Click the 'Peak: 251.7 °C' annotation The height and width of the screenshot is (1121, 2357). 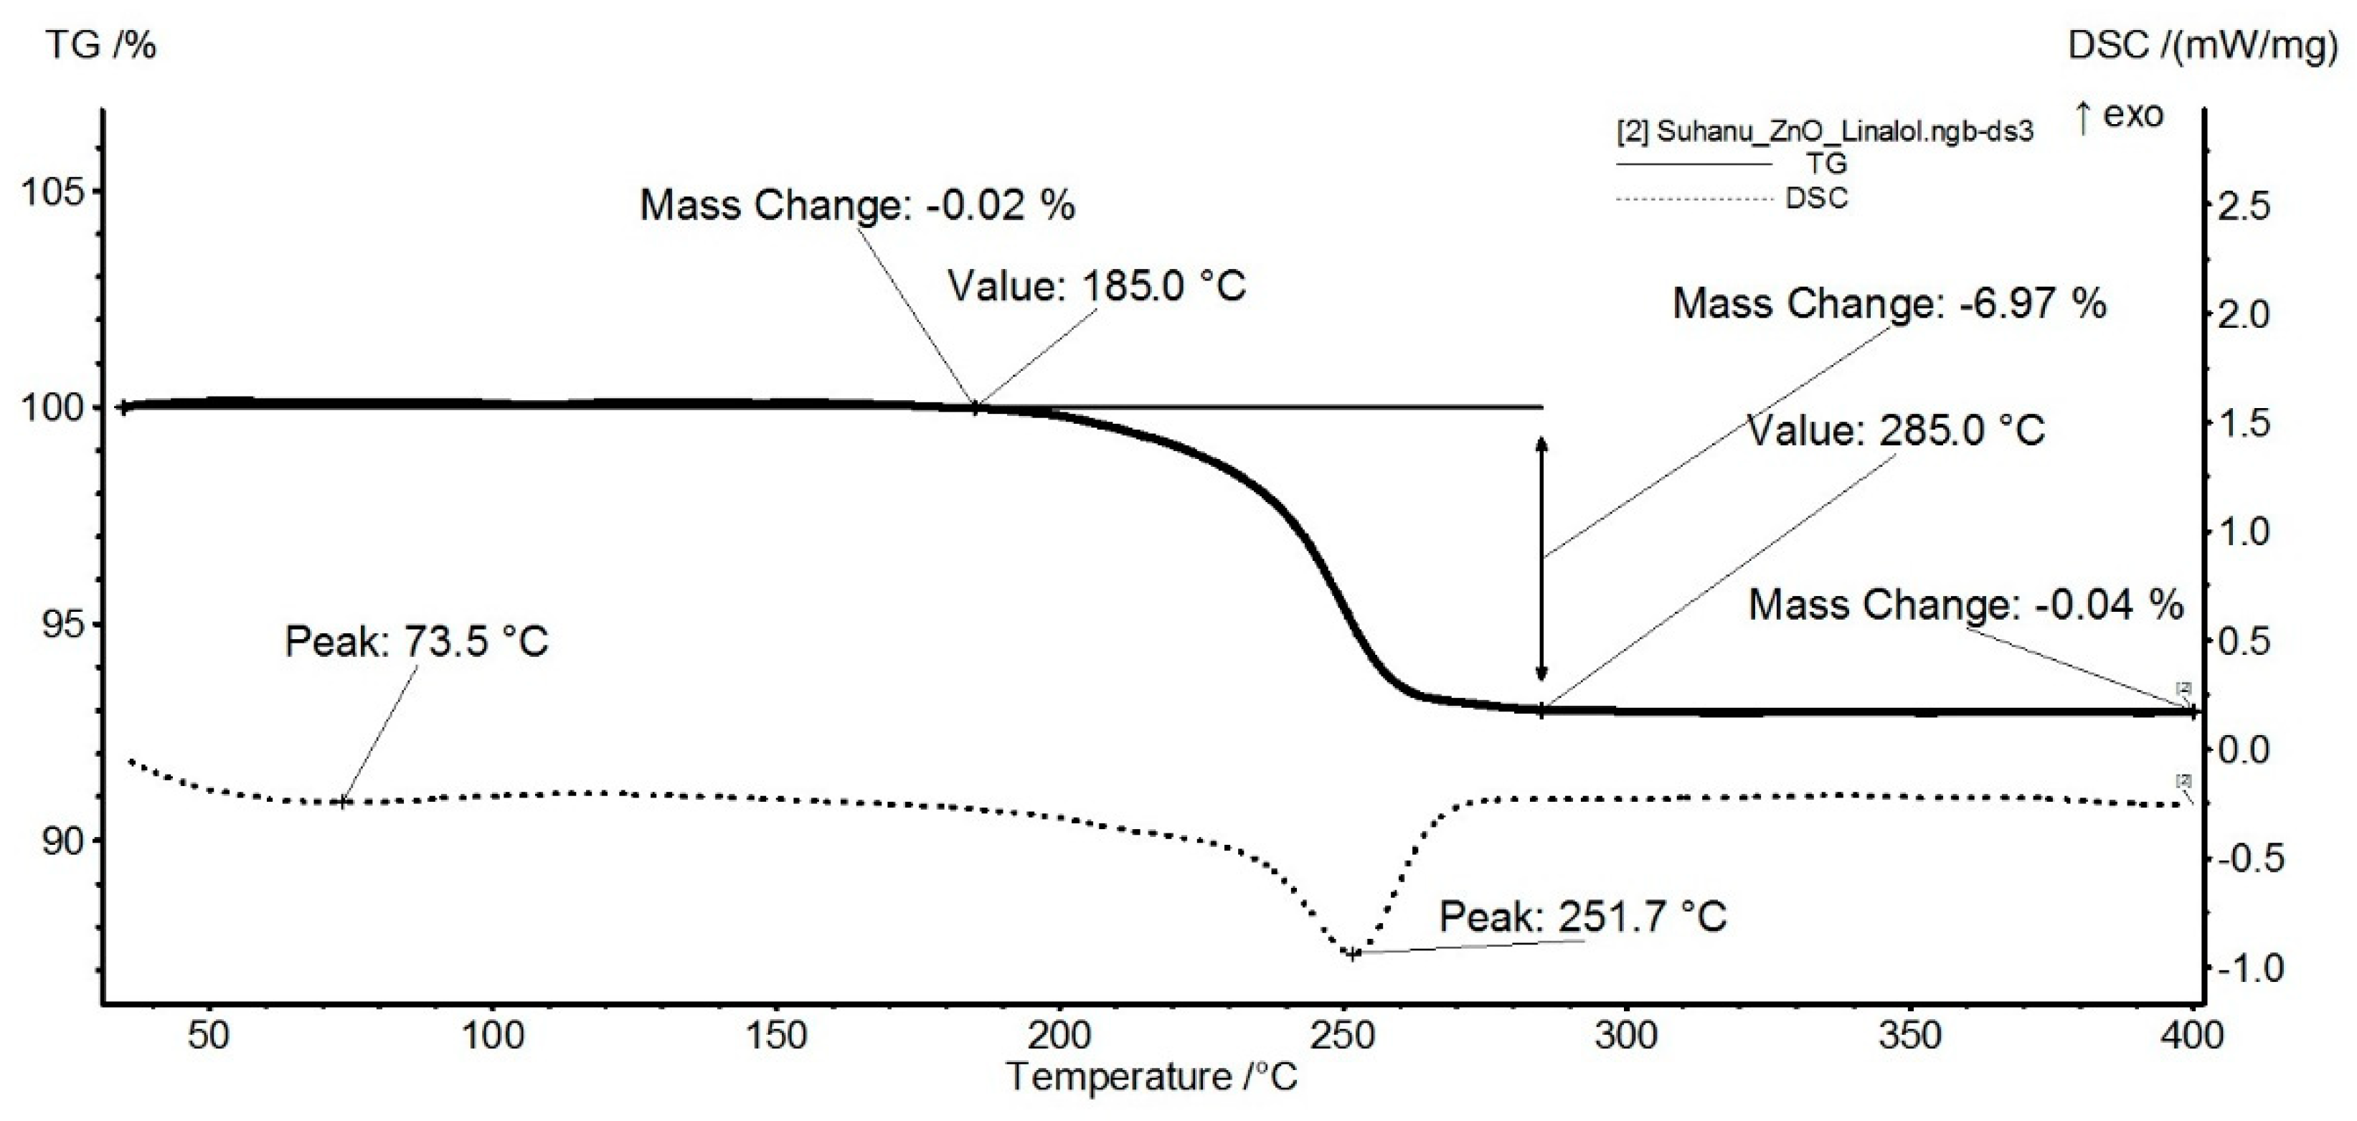pyautogui.click(x=1582, y=917)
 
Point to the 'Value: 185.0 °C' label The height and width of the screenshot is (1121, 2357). pyautogui.click(x=1096, y=285)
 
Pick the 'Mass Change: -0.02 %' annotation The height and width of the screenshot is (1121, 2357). pyautogui.click(x=856, y=205)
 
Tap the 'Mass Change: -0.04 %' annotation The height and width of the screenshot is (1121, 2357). pyautogui.click(x=1965, y=605)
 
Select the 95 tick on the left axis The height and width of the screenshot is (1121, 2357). pyautogui.click(x=61, y=625)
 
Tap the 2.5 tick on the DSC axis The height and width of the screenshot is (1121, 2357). pyautogui.click(x=2244, y=207)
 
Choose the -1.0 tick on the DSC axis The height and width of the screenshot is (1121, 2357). pyautogui.click(x=2248, y=968)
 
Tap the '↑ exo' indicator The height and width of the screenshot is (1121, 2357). pyautogui.click(x=2118, y=115)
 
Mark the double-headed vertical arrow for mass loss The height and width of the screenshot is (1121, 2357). pyautogui.click(x=1541, y=558)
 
